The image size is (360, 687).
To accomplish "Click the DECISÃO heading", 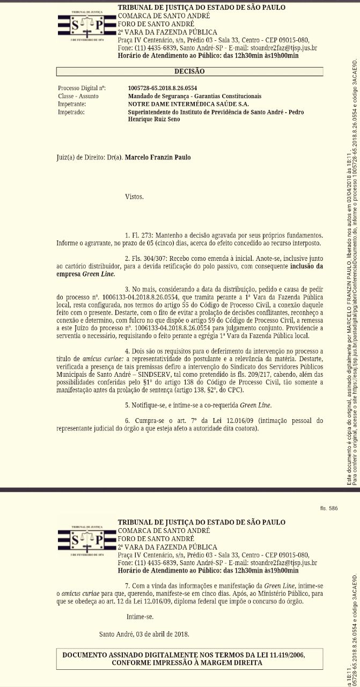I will [x=189, y=71].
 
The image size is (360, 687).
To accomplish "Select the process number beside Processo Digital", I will [x=162, y=88].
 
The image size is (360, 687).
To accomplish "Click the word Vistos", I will [x=134, y=198].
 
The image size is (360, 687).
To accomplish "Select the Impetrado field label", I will [x=71, y=112].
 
